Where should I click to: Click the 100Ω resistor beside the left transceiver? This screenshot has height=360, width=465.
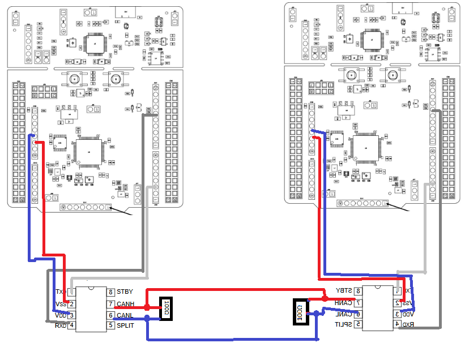(167, 308)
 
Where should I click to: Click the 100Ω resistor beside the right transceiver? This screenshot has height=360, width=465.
(300, 312)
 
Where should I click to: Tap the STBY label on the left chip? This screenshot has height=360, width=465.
(125, 292)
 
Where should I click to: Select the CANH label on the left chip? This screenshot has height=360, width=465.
(125, 305)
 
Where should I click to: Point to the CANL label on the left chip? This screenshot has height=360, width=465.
(125, 315)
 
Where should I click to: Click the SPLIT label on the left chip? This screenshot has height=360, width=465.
(125, 325)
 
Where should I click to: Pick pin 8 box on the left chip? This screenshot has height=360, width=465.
(110, 292)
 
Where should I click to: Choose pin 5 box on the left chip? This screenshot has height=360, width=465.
(110, 325)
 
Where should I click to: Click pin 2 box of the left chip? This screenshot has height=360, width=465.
(72, 305)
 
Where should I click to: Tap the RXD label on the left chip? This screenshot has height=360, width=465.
(60, 325)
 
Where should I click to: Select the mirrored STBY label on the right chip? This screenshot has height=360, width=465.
(344, 290)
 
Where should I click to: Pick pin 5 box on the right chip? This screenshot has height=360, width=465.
(358, 324)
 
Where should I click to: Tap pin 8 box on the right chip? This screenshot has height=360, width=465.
(358, 290)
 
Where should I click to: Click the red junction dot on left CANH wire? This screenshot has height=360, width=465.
(147, 307)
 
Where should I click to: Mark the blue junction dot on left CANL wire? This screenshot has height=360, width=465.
(147, 318)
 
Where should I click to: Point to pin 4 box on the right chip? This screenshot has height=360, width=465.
(396, 324)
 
